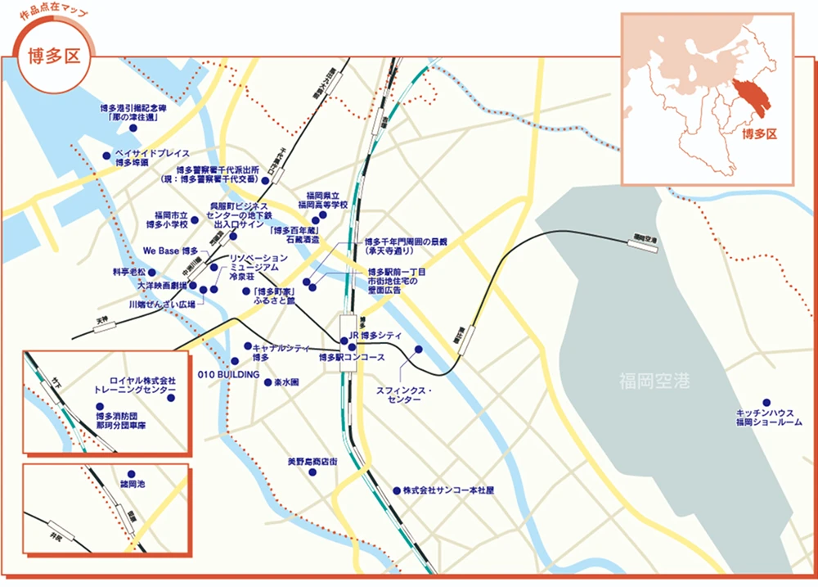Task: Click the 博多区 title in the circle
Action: (x=53, y=56)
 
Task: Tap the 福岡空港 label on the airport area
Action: (x=654, y=380)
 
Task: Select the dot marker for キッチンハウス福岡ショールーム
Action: (x=766, y=402)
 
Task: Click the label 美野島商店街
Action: (x=312, y=462)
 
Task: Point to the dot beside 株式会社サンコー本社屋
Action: (x=396, y=490)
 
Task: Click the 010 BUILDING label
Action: (x=229, y=374)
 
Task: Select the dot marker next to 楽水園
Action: (x=267, y=382)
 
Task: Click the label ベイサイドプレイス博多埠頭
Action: (x=152, y=158)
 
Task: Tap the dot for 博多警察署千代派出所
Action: (x=265, y=180)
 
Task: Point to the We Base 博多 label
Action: (x=170, y=251)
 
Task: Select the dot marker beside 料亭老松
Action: (x=151, y=272)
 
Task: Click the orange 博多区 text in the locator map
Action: (x=757, y=133)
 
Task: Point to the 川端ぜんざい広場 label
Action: (x=162, y=304)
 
